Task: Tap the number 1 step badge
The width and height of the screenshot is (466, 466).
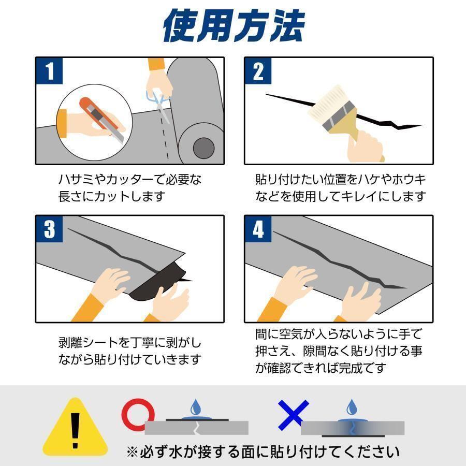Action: [x=49, y=71]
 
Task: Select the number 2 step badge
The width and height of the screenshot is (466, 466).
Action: [x=258, y=71]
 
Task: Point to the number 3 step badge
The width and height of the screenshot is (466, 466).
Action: [x=49, y=229]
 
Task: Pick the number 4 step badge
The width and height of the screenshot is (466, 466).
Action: [x=258, y=229]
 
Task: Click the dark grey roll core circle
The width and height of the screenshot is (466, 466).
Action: [x=204, y=148]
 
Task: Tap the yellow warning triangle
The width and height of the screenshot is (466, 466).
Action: [x=75, y=427]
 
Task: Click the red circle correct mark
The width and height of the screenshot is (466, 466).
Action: [x=138, y=415]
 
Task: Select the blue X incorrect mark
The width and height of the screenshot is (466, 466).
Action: [x=294, y=415]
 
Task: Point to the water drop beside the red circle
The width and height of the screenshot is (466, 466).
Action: [x=195, y=407]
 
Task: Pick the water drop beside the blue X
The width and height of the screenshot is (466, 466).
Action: [x=352, y=407]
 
